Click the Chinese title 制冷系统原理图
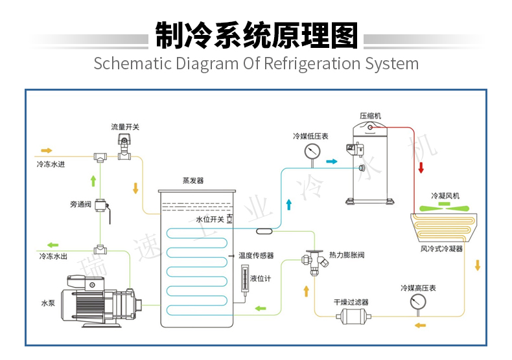256,36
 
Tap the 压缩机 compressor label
370,116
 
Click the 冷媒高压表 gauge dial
417,302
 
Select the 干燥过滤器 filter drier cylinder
351,317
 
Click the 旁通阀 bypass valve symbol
101,207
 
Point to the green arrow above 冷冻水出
52,245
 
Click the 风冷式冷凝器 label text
441,249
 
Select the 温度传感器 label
256,255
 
